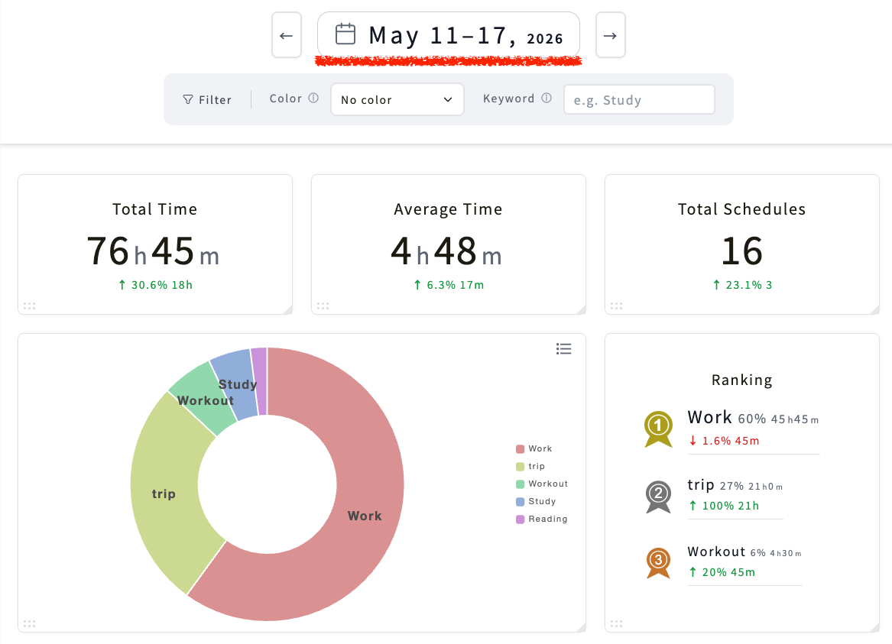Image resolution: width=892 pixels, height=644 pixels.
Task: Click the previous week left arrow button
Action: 286,35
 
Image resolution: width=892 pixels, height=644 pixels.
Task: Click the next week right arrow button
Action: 611,35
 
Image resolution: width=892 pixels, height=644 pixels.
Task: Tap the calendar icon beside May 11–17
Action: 345,34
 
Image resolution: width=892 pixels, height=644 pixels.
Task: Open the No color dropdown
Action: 397,99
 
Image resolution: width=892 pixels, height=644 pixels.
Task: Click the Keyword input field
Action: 639,99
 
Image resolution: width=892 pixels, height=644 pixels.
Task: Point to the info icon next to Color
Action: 313,98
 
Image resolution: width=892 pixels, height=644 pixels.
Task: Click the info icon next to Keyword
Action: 547,98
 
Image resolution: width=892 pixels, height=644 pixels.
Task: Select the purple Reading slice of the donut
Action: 259,381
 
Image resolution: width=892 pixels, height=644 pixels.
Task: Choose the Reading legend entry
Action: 542,519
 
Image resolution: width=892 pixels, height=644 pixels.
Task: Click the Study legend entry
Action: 536,501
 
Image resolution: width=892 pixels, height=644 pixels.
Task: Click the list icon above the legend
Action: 564,349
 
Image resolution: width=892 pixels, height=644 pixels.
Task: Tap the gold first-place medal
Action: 658,428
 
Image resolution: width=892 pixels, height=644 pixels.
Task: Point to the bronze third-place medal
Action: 658,561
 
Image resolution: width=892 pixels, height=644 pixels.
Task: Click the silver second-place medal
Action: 658,496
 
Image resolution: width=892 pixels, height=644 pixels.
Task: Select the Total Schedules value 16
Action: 742,251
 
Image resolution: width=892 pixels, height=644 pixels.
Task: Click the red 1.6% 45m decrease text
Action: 724,441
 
